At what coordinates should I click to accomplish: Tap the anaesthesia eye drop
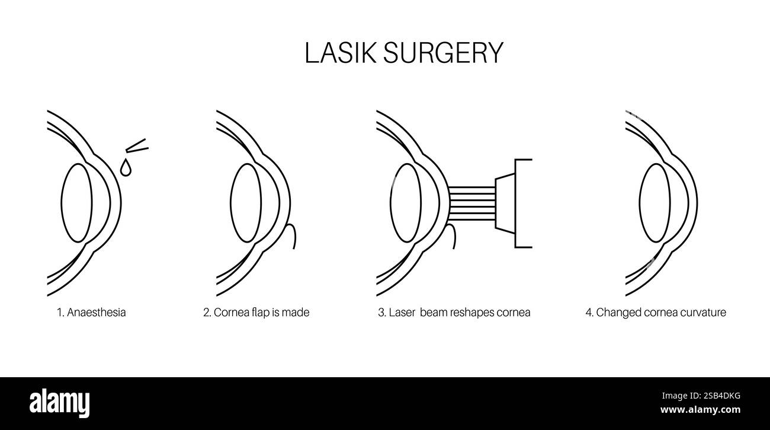point(125,168)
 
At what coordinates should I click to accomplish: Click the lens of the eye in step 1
point(76,202)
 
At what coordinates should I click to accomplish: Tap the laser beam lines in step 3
point(472,202)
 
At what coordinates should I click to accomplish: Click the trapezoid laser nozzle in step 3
point(503,202)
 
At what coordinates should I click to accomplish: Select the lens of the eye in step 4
point(654,202)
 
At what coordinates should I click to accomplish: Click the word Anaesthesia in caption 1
point(96,313)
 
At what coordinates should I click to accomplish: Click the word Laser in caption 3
point(403,313)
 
